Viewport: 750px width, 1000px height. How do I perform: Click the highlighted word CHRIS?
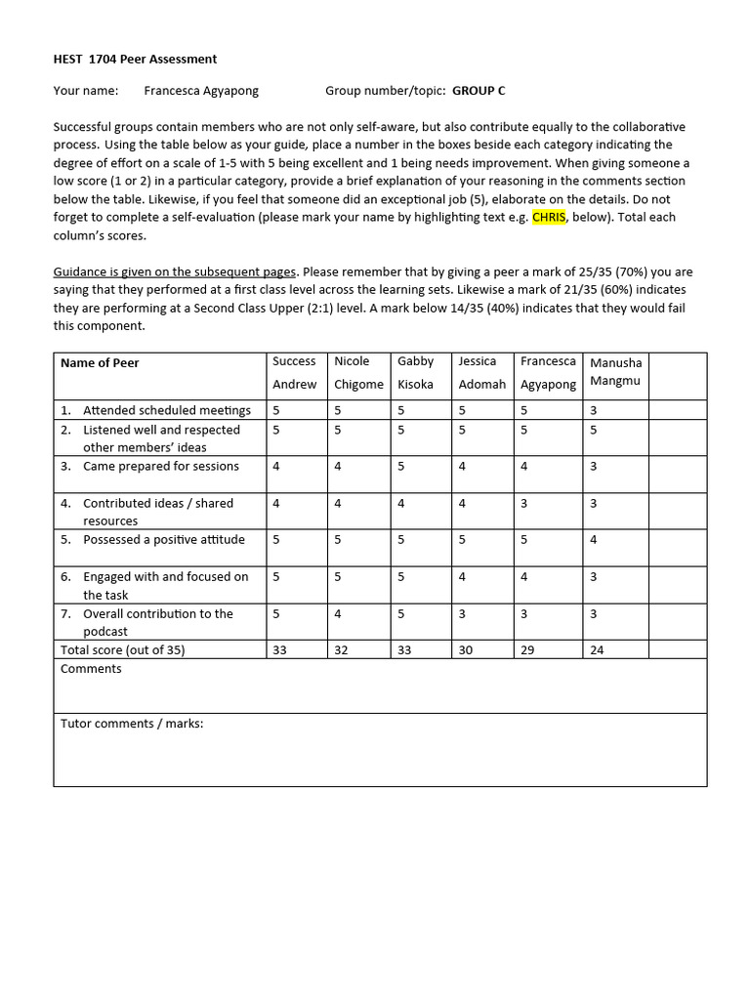pos(549,217)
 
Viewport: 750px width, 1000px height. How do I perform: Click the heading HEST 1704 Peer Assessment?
pos(135,59)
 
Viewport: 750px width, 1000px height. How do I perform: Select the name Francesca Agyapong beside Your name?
pos(201,91)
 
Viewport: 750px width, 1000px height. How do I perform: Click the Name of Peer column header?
pos(100,363)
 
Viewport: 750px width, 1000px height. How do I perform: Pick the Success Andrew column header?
pos(294,372)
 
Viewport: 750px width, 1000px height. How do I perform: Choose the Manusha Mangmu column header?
pos(615,372)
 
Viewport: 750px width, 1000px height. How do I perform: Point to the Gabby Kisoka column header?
pos(415,372)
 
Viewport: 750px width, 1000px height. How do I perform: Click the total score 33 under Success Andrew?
pos(279,649)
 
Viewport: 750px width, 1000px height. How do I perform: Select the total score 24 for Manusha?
pos(597,649)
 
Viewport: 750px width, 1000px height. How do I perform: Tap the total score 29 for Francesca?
pos(527,649)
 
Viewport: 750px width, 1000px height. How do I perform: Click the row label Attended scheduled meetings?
pos(166,410)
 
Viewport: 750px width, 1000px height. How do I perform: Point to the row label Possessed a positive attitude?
pos(163,540)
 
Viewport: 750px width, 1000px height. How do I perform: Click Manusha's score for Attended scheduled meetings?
pos(594,410)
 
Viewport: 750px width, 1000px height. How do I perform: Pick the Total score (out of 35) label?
pos(122,649)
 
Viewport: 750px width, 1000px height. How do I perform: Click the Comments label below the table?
pos(91,669)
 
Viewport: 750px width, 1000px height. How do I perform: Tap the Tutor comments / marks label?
pos(132,724)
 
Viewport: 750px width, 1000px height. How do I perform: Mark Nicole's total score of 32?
pos(341,649)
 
